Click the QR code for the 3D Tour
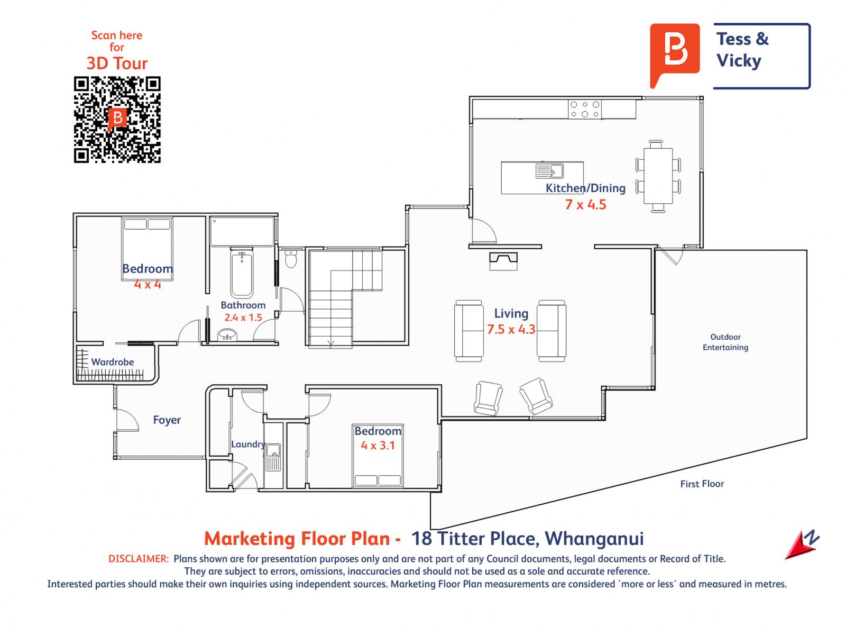[117, 120]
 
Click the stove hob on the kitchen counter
[585, 109]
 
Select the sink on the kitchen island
[549, 171]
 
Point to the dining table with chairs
[658, 176]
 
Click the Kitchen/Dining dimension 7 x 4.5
[585, 204]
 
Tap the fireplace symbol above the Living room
[503, 260]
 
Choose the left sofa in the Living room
[468, 331]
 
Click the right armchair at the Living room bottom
[536, 396]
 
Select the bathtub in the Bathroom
[242, 274]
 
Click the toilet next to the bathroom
[291, 259]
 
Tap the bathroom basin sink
[228, 334]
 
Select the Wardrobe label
[113, 362]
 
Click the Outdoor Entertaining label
[725, 342]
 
